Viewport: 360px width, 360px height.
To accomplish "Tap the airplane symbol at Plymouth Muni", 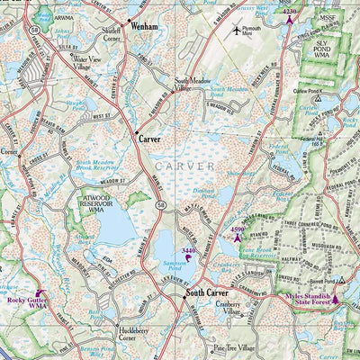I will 237,30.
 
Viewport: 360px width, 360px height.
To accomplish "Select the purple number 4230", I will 289,11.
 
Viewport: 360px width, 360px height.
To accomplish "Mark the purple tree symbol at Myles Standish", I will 336,300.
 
